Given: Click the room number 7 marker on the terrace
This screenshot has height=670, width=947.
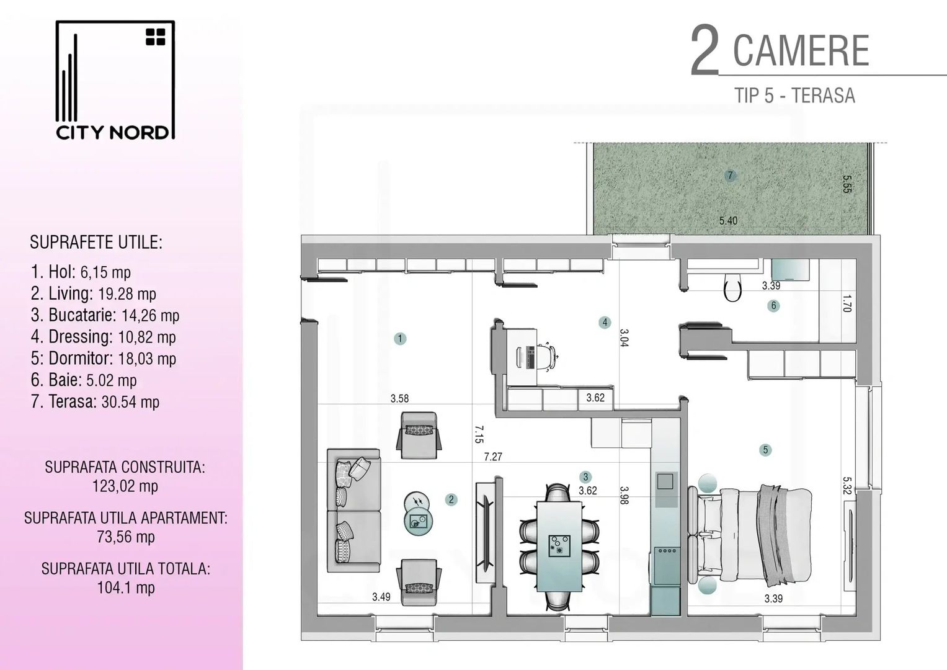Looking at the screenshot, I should pos(730,176).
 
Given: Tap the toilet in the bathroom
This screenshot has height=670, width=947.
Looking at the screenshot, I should pos(733,288).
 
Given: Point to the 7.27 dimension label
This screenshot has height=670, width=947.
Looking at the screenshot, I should pos(493,457).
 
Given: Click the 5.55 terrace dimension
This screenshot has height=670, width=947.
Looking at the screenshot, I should pos(847,184).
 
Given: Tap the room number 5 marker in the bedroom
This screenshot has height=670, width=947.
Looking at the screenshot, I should pos(765,450).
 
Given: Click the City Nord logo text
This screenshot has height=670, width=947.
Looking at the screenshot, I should pos(112,132).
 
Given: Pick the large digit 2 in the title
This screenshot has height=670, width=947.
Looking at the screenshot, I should pos(705,51).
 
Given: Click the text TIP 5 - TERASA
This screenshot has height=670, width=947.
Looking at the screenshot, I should pos(794,96).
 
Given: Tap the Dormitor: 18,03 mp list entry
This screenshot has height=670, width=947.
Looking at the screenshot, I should pos(104,359).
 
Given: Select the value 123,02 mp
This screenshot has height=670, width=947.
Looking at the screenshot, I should pos(125,486).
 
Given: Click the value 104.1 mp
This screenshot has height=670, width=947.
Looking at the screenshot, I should pos(126,587).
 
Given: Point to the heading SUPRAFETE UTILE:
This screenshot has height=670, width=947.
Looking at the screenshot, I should pos(96,243).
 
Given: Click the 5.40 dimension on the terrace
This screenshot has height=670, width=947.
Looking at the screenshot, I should pos(728,220).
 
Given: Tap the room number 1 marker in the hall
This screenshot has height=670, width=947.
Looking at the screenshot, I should pos(401,339).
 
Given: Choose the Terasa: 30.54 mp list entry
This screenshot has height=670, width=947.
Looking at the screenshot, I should pos(95,402).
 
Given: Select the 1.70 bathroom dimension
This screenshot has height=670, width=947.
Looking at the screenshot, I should pos(847,303).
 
